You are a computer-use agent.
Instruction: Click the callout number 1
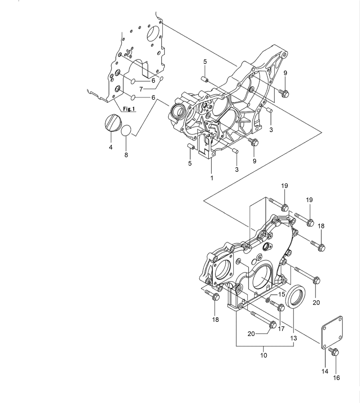click(212, 178)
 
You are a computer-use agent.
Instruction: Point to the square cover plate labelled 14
click(332, 332)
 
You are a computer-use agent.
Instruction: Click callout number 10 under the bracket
click(264, 355)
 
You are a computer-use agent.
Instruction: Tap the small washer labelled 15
click(268, 300)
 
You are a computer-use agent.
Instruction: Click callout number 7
click(141, 89)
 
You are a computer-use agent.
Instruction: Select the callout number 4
click(111, 147)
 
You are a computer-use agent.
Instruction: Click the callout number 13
click(293, 338)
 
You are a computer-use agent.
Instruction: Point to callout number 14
click(325, 371)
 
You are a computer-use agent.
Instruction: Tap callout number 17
click(281, 329)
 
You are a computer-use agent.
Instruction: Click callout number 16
click(337, 378)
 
